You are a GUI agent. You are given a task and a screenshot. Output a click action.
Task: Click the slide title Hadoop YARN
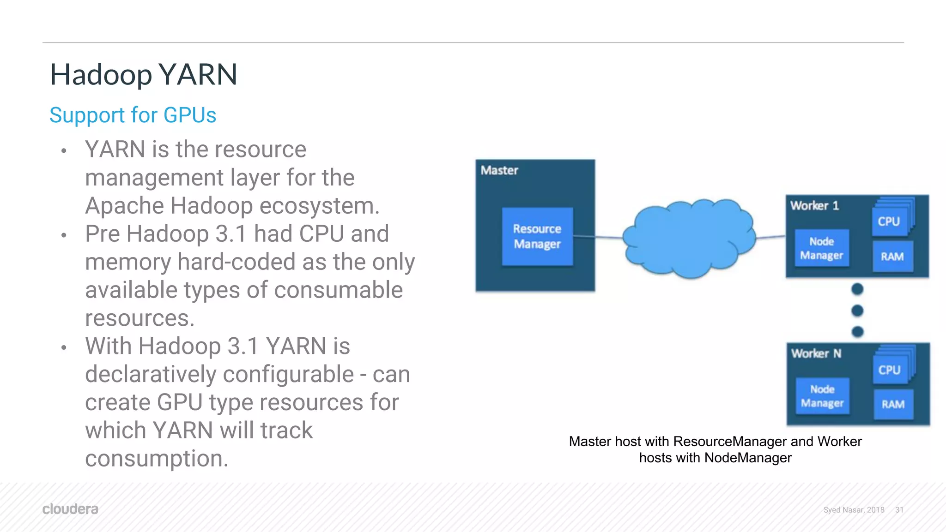click(143, 75)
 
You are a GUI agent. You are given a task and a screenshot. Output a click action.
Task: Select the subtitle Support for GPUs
click(133, 115)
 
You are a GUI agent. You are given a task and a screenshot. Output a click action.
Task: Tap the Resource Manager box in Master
click(537, 236)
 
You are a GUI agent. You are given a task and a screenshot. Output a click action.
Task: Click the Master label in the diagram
click(499, 170)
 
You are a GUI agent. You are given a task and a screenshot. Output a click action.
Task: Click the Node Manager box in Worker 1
click(821, 248)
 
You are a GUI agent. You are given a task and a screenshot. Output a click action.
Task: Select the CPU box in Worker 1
click(889, 221)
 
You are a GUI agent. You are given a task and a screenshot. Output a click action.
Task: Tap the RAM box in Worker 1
click(892, 257)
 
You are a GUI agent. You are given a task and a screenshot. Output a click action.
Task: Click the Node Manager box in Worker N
click(822, 396)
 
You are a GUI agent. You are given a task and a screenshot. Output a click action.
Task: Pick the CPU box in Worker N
click(889, 370)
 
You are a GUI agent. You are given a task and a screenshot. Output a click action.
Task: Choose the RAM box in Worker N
click(893, 405)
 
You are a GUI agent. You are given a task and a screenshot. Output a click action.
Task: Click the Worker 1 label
click(814, 206)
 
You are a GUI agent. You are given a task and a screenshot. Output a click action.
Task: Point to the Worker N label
click(816, 354)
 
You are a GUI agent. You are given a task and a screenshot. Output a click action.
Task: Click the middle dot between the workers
click(857, 311)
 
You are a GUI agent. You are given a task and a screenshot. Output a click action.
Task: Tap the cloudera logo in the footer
click(70, 509)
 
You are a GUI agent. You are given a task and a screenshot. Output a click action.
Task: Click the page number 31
click(899, 510)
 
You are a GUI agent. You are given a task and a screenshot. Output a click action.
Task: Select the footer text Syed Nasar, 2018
click(854, 510)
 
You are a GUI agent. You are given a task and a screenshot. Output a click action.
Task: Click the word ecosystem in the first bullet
click(319, 206)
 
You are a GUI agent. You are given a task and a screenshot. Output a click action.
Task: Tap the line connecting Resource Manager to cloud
click(598, 237)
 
